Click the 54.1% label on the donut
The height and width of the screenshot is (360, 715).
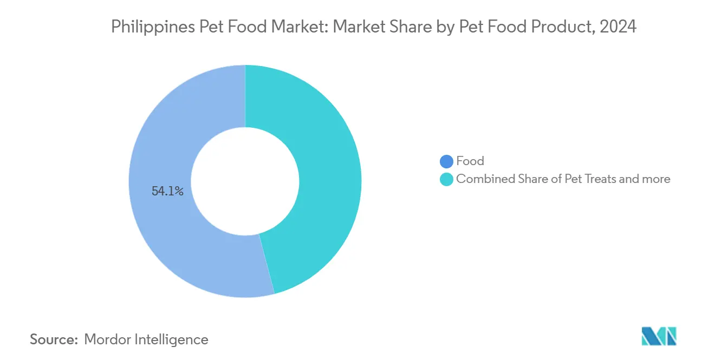(167, 191)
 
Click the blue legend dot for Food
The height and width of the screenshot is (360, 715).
(446, 161)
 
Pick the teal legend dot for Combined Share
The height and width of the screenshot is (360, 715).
(446, 179)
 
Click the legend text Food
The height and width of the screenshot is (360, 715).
(470, 161)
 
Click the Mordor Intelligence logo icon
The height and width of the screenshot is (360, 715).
(659, 336)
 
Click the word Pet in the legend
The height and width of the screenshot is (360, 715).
(573, 179)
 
